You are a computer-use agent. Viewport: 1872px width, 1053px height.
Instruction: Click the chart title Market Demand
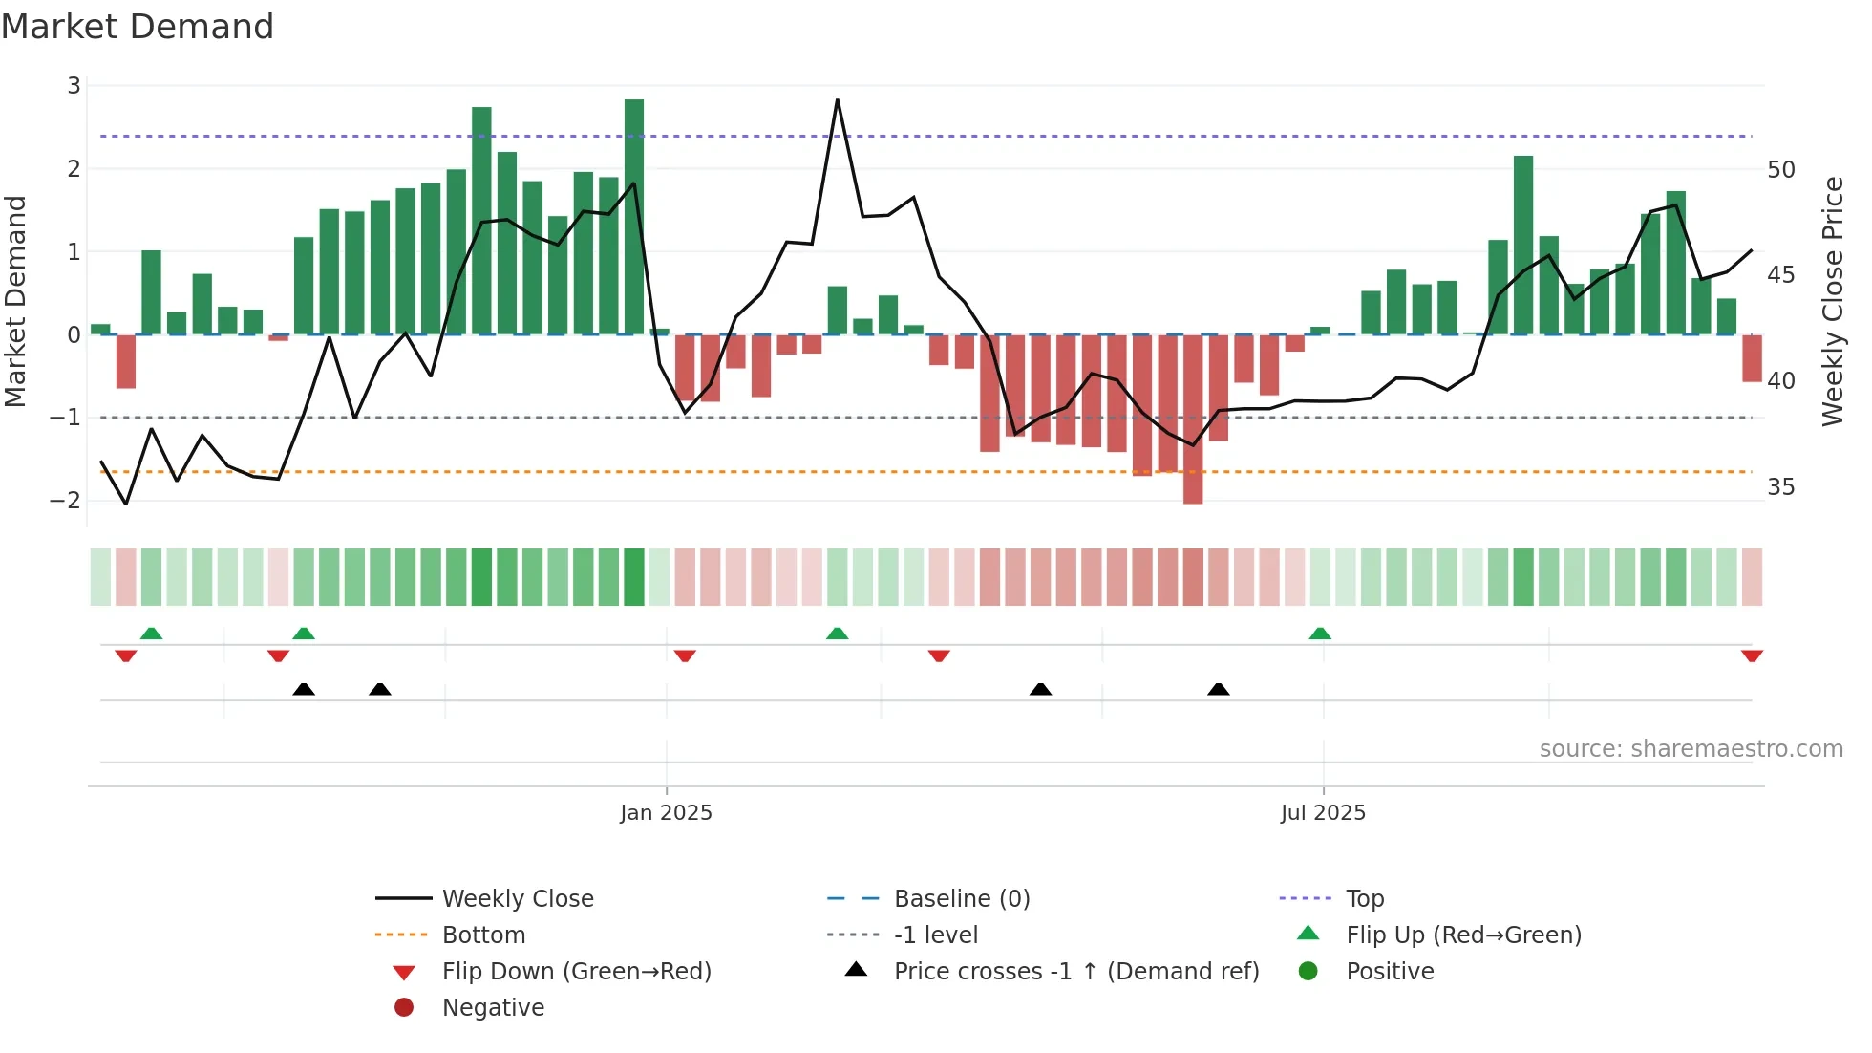click(x=138, y=27)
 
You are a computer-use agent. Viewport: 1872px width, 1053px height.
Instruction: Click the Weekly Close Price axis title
click(x=1832, y=301)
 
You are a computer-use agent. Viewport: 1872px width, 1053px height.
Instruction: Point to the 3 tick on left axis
click(x=74, y=86)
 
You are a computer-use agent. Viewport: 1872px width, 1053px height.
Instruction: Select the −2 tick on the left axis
click(x=66, y=501)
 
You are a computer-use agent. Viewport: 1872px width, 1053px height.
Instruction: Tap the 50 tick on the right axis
click(x=1780, y=170)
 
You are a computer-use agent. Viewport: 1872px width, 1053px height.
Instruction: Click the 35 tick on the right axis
click(x=1780, y=487)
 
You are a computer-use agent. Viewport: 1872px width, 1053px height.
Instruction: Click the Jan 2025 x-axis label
click(x=666, y=813)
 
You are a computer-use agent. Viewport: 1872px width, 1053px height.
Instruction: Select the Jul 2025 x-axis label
click(x=1323, y=813)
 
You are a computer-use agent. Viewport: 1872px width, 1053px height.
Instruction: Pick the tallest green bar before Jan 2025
click(x=633, y=216)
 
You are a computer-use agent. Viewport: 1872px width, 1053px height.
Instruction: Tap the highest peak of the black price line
click(x=837, y=100)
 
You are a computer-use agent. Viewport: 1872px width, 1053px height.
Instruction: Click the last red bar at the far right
click(x=1752, y=358)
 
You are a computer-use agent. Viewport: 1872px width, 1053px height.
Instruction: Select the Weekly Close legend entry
click(x=517, y=899)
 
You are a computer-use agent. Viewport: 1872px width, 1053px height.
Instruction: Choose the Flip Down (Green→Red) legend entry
click(x=576, y=972)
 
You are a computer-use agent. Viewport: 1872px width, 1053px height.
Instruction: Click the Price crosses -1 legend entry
click(x=1075, y=972)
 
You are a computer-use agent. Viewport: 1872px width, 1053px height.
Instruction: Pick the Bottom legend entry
click(x=483, y=935)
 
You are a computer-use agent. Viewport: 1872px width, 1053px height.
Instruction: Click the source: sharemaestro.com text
click(x=1691, y=749)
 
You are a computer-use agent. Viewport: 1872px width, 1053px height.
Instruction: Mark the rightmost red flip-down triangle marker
click(x=1752, y=655)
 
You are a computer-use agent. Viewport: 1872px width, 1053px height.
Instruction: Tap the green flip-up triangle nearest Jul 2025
click(x=1320, y=634)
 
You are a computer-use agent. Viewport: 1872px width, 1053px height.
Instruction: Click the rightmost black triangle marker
click(x=1218, y=689)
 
